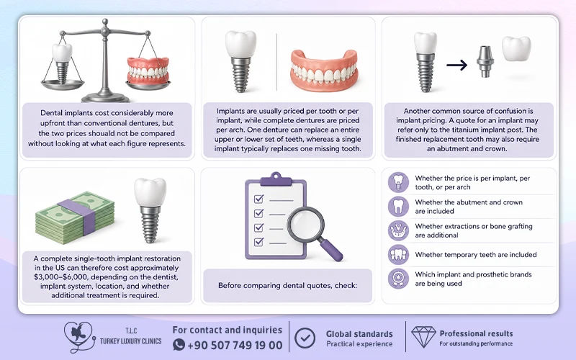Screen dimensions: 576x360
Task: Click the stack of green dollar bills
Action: click(75, 217)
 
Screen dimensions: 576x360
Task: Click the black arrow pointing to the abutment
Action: click(456, 66)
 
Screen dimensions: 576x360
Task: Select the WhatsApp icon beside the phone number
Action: click(179, 345)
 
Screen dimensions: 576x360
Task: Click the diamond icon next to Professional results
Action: click(423, 337)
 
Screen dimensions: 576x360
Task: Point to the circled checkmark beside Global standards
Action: click(305, 338)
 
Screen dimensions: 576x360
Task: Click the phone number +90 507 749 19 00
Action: click(235, 346)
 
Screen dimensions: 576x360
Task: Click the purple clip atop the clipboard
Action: click(276, 179)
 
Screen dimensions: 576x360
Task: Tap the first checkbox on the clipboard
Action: click(258, 199)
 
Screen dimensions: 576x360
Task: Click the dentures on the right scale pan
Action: click(148, 71)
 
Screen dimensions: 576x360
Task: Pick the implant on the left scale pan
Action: click(62, 63)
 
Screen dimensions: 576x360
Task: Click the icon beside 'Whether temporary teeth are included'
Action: click(398, 255)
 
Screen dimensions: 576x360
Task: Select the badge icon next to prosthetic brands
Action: click(398, 279)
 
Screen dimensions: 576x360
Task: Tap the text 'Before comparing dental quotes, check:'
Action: click(287, 285)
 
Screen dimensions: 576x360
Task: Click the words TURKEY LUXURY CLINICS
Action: click(131, 341)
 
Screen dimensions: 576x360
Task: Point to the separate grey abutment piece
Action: click(485, 61)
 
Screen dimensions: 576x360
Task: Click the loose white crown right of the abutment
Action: click(516, 48)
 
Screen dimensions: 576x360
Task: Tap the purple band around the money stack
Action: click(79, 216)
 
